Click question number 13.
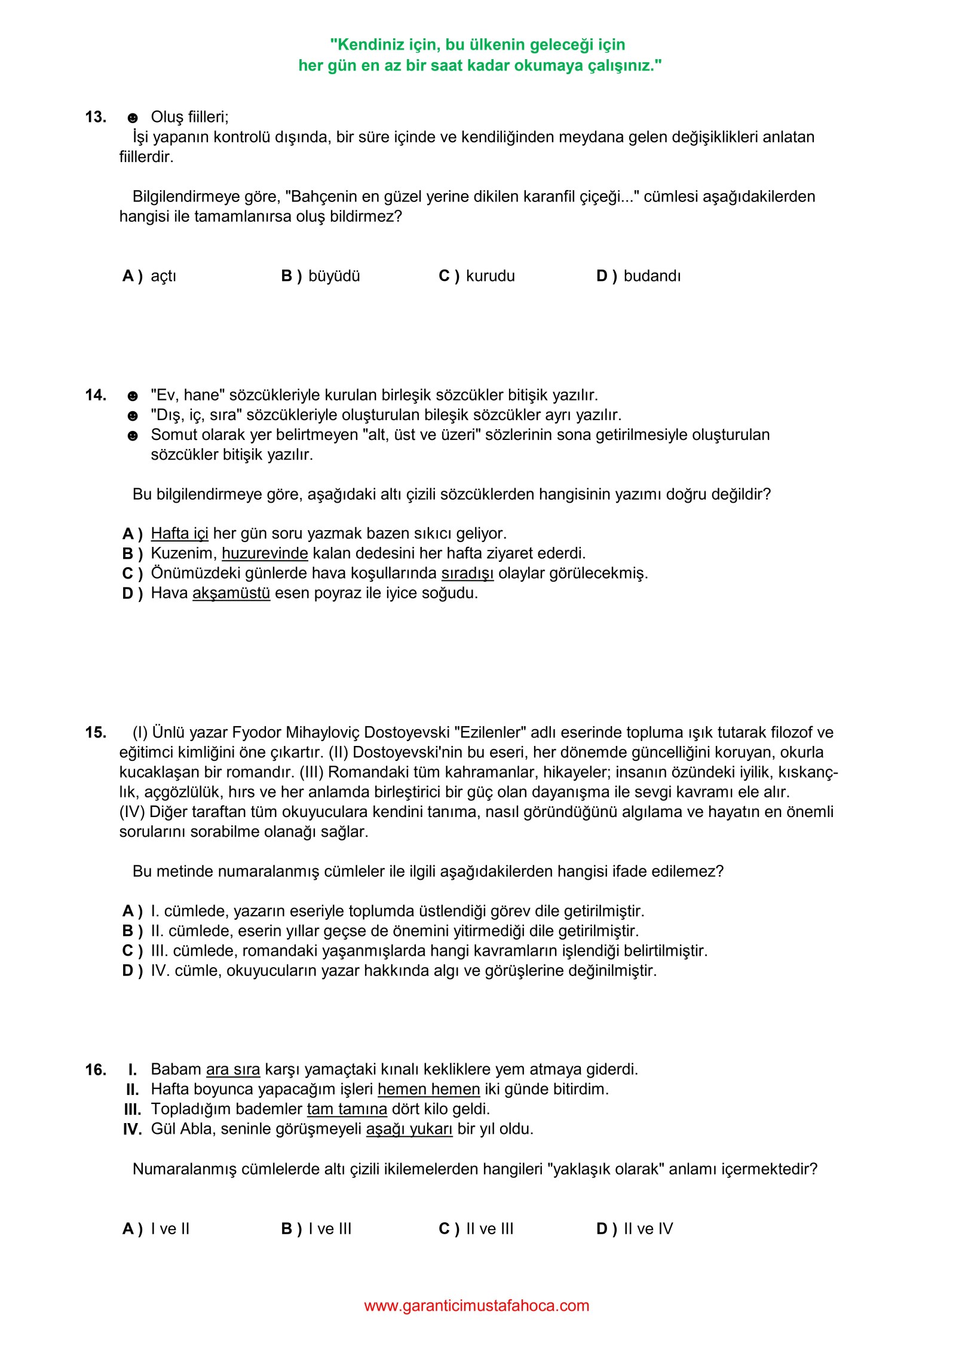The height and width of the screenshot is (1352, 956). coord(96,117)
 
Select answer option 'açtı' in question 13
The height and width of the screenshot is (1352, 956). coord(163,276)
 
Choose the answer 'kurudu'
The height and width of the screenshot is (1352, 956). coord(490,276)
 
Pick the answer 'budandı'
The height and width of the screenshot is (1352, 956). coord(652,276)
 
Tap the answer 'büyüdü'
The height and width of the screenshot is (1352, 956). coord(334,276)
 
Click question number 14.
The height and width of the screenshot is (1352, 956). coord(96,395)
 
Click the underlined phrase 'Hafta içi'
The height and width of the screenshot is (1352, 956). coord(179,533)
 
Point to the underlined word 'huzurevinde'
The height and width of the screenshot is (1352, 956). coord(265,553)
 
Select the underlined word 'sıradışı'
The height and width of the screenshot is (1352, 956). coord(467,573)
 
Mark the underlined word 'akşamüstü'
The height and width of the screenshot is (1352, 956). coord(231,593)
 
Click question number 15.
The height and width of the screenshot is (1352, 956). coord(96,733)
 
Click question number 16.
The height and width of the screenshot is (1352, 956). coord(96,1069)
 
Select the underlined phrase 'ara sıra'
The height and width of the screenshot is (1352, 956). coord(233,1069)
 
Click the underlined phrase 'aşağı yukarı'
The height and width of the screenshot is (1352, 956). coord(409,1129)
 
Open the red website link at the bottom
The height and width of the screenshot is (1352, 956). coord(476,1305)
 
